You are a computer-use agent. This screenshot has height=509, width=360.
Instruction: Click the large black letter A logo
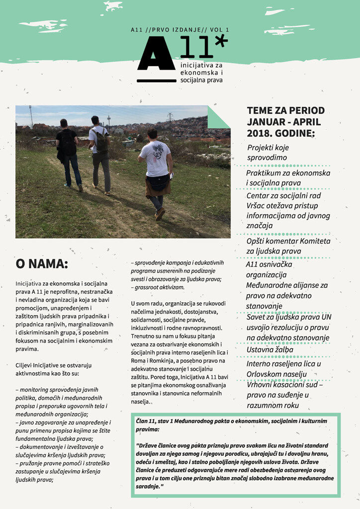tap(156, 55)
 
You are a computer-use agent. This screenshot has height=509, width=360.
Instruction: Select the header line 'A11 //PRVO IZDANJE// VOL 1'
tap(180, 30)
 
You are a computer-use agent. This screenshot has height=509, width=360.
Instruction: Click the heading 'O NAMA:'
tap(42, 264)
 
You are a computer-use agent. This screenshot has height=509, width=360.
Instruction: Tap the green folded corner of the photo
tap(217, 118)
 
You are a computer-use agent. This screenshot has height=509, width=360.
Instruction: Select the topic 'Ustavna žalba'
tap(270, 349)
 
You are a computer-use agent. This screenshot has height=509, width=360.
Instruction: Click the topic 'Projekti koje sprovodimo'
tap(268, 153)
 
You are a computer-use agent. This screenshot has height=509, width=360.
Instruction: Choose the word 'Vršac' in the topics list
tap(258, 205)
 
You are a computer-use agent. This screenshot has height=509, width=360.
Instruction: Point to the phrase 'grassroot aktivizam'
tap(159, 287)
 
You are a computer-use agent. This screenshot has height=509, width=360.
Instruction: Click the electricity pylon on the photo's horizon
tap(170, 117)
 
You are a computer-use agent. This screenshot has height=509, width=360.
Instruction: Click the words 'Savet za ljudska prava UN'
tap(288, 317)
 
